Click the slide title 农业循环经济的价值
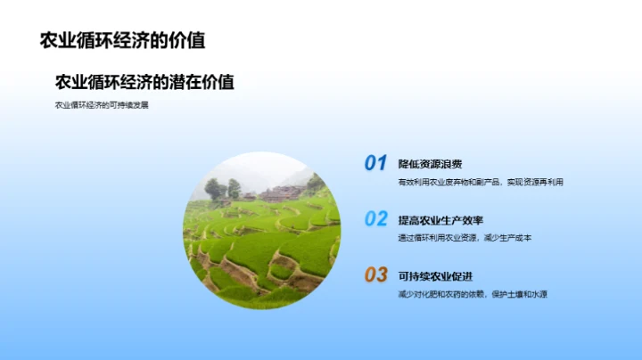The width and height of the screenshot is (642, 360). coord(122,41)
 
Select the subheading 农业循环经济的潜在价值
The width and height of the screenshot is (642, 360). coord(144,82)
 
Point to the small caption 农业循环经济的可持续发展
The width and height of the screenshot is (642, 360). coord(102,105)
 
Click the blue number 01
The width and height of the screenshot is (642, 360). coord(375,163)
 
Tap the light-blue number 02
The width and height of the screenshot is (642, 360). coord(375,219)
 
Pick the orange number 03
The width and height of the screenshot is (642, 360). coord(375,274)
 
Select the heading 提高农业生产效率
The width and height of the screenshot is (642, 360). coord(440,220)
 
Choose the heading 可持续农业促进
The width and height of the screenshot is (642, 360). coord(435,275)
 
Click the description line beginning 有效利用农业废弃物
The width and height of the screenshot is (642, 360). coord(481,183)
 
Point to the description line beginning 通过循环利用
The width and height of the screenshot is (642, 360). coord(465,238)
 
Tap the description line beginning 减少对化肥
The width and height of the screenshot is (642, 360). coord(472,294)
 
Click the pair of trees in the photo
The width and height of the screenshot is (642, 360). coord(223,189)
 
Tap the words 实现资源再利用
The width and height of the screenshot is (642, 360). coord(535,183)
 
